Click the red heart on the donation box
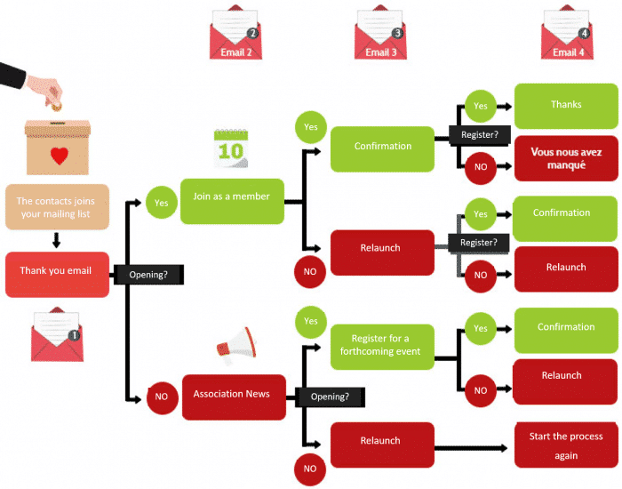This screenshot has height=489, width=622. pyautogui.click(x=59, y=156)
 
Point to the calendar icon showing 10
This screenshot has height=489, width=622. pyautogui.click(x=230, y=148)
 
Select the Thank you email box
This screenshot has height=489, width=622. pyautogui.click(x=57, y=271)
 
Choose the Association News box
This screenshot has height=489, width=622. pyautogui.click(x=231, y=394)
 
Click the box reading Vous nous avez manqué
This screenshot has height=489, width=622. pyautogui.click(x=565, y=157)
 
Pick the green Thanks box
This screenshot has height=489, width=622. pyautogui.click(x=565, y=105)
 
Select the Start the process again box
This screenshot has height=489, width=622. pyautogui.click(x=565, y=445)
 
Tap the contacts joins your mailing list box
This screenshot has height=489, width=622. pyautogui.click(x=57, y=206)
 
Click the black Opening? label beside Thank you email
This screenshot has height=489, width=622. pyautogui.click(x=148, y=275)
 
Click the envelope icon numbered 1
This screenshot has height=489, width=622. pyautogui.click(x=57, y=335)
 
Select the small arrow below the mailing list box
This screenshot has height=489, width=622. pyautogui.click(x=56, y=240)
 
